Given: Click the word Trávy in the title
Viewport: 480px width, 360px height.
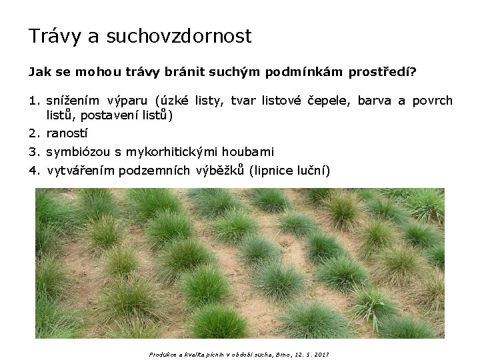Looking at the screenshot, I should pyautogui.click(x=55, y=36).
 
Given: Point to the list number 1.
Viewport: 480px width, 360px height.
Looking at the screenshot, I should pyautogui.click(x=33, y=101).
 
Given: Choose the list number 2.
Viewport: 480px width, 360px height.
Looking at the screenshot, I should pyautogui.click(x=33, y=133).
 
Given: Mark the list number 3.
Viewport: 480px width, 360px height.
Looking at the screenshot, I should pyautogui.click(x=33, y=152).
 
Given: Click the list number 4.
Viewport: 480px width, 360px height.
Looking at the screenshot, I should pyautogui.click(x=33, y=171).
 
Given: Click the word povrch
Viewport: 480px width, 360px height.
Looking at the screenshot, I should pyautogui.click(x=433, y=101).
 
